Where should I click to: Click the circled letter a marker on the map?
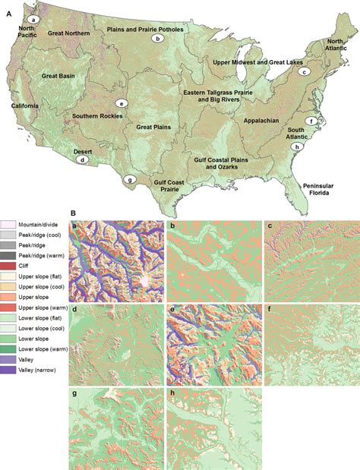pyautogui.click(x=33, y=19)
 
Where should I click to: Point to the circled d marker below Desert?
pyautogui.click(x=83, y=160)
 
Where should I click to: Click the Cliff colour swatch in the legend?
pyautogui.click(x=9, y=266)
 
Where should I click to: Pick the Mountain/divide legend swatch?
pyautogui.click(x=9, y=225)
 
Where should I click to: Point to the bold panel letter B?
pyautogui.click(x=73, y=215)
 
